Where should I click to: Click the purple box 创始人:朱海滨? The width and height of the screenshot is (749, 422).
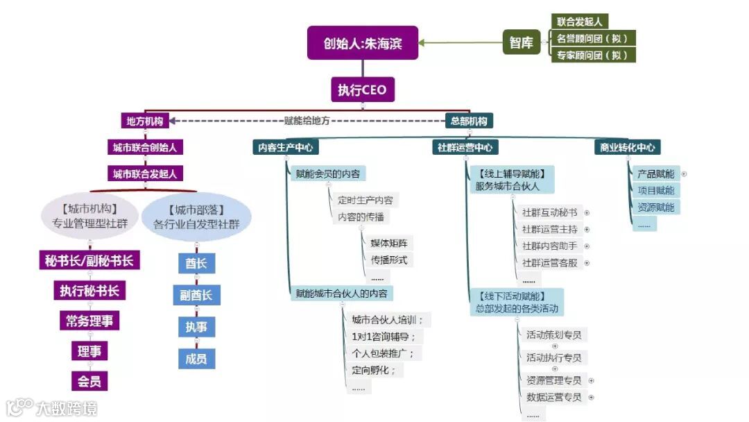click(x=363, y=43)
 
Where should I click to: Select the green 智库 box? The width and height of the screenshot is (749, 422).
click(x=521, y=42)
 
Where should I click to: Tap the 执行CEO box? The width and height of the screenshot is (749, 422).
click(x=362, y=90)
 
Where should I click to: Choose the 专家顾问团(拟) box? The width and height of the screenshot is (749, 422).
click(x=593, y=56)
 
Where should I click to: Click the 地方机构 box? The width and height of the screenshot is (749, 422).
click(x=144, y=121)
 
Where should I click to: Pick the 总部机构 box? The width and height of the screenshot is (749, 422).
click(x=469, y=121)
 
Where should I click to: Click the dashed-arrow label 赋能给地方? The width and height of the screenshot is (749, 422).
click(x=307, y=120)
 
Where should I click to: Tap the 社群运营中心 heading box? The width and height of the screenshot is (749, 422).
click(x=465, y=147)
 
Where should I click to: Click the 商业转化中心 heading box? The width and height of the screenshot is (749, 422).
click(x=627, y=147)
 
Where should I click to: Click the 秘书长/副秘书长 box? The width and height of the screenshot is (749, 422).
click(x=89, y=260)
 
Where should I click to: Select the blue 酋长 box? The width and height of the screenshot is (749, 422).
click(x=196, y=263)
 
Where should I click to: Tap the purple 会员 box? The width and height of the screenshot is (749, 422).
click(x=89, y=381)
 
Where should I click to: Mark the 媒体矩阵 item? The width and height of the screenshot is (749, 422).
click(x=389, y=243)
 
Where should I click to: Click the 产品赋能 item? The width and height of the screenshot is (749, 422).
click(x=655, y=174)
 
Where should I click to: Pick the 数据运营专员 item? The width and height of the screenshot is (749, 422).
click(x=554, y=398)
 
